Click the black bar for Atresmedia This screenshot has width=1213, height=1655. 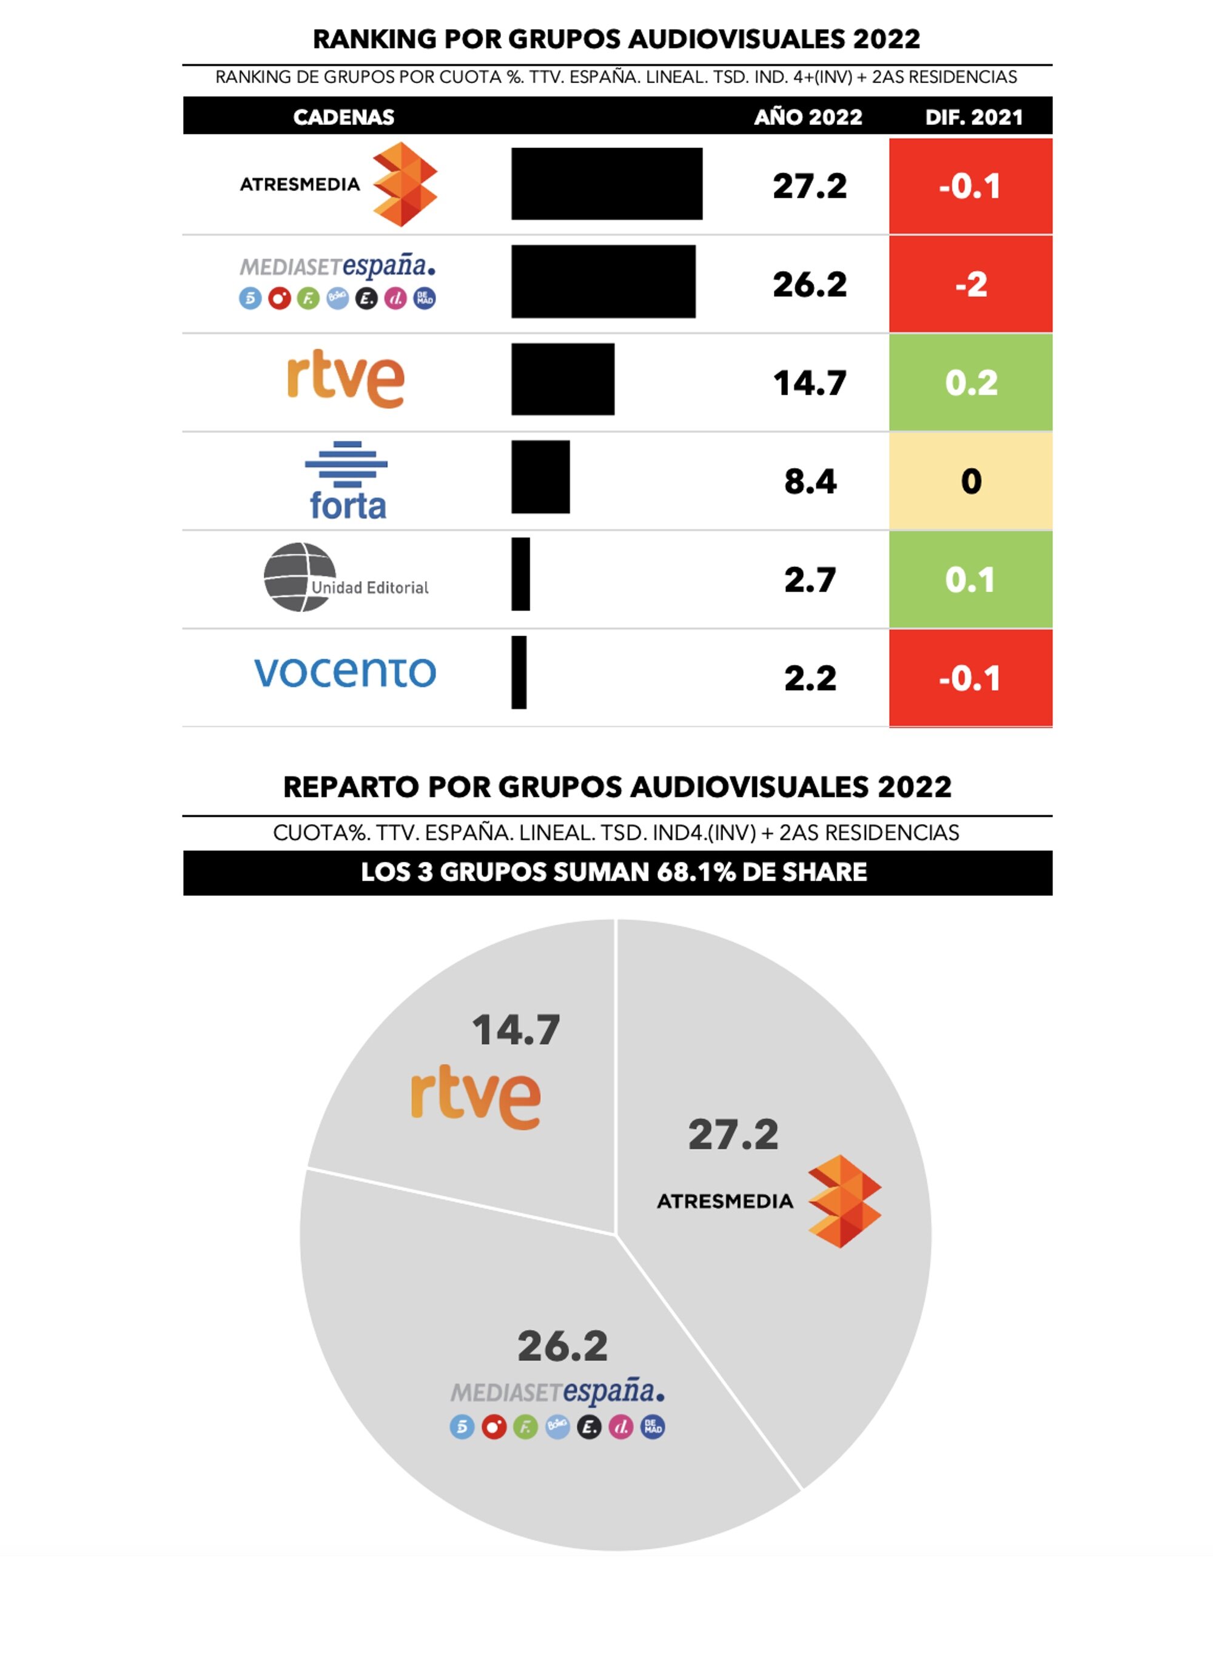606,184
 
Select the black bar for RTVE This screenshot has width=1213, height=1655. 562,379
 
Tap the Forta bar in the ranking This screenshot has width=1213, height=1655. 540,477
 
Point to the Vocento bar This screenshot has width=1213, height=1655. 519,672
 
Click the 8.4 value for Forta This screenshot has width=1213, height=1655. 810,482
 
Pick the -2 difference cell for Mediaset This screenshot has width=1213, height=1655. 970,284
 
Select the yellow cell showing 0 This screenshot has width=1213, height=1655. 970,481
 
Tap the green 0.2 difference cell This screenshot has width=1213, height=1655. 970,383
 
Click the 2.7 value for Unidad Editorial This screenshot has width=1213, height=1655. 810,580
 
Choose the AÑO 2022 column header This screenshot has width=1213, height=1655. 808,117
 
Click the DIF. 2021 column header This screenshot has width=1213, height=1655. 973,117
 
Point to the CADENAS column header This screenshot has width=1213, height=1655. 344,117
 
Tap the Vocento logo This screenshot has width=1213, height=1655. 345,672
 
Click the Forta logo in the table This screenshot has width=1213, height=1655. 346,481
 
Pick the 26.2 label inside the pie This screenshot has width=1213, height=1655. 562,1346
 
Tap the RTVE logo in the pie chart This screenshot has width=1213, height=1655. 476,1097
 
